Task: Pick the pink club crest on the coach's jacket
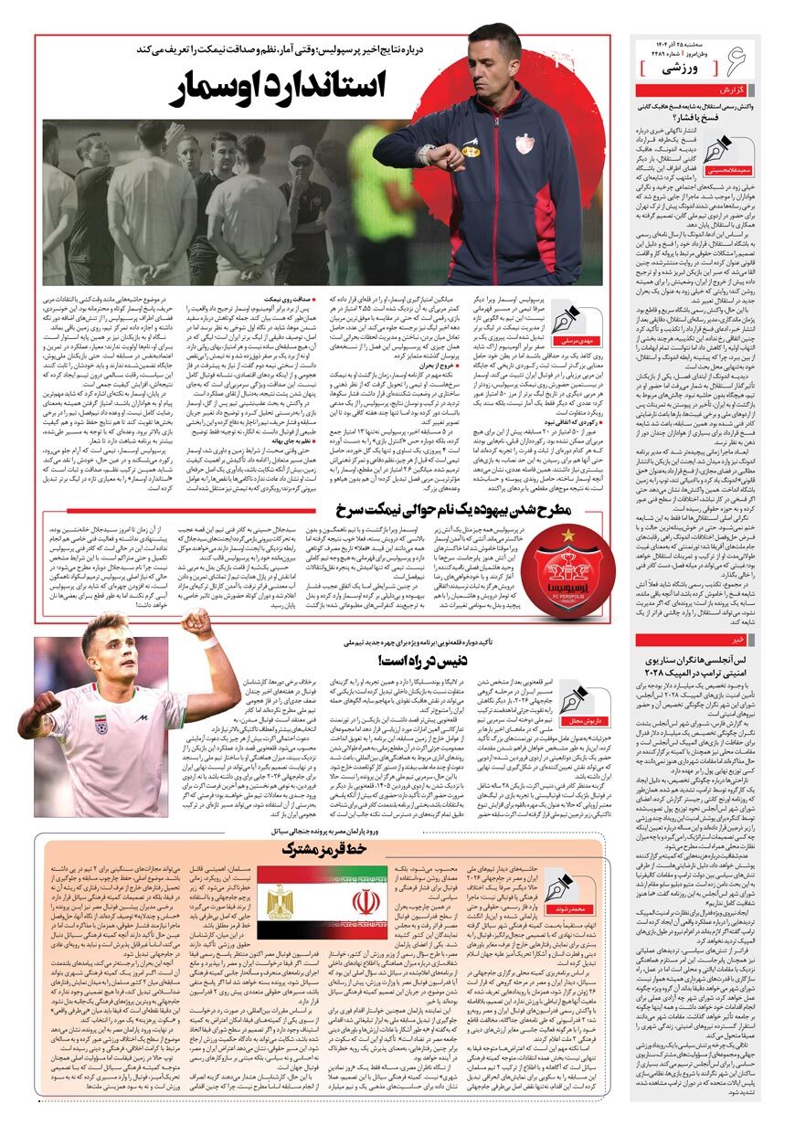coord(524,144)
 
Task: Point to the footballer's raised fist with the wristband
coord(196,623)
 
